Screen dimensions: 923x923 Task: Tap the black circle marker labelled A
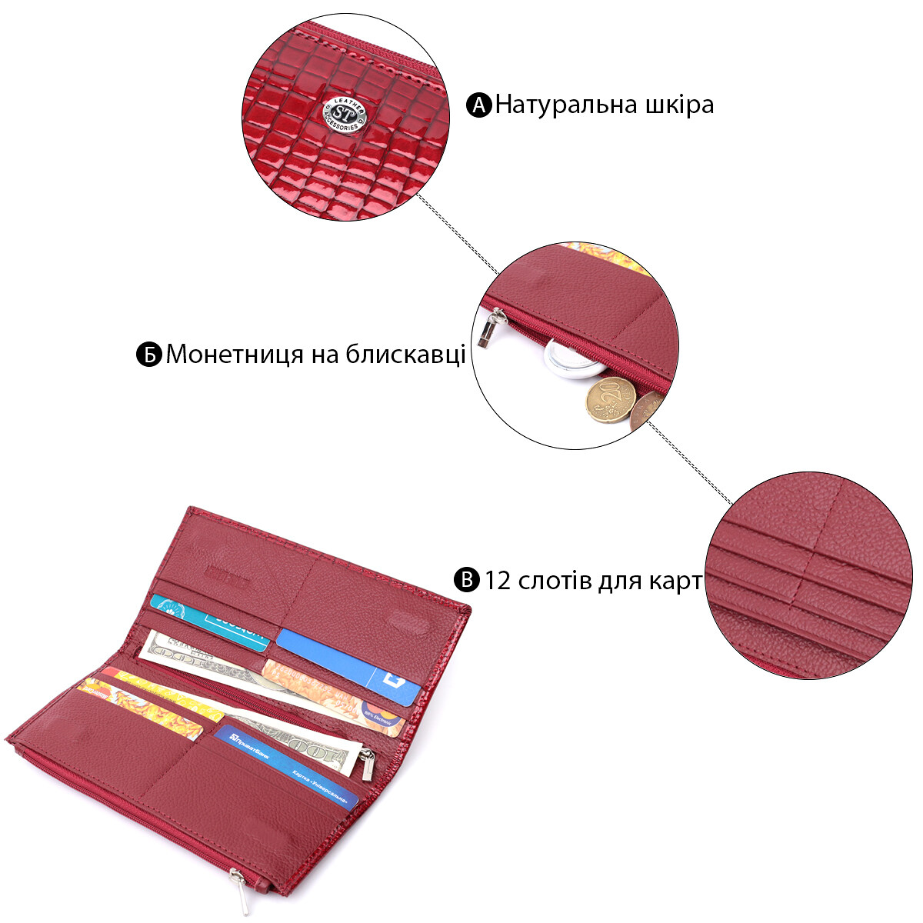pyautogui.click(x=478, y=105)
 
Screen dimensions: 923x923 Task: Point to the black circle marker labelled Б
pyautogui.click(x=148, y=355)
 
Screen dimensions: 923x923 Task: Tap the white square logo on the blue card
pyautogui.click(x=395, y=681)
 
